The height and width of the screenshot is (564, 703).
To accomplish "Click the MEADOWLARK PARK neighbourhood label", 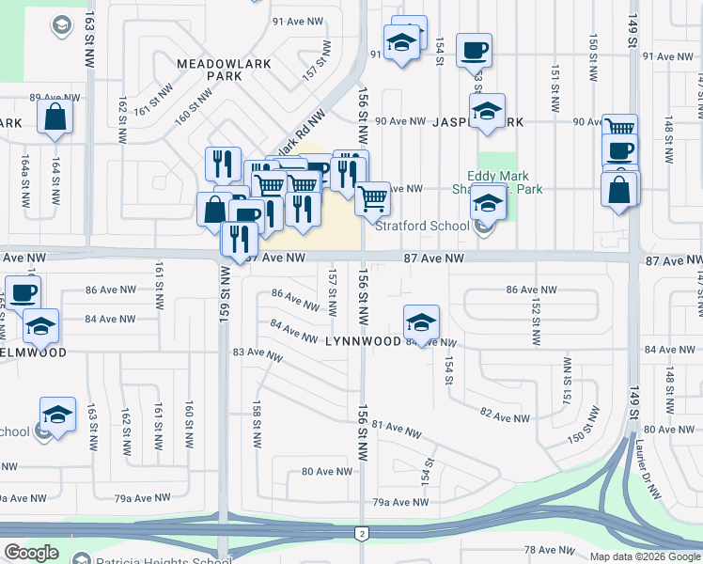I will pos(225,70).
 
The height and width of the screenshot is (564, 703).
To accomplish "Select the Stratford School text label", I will pos(422,226).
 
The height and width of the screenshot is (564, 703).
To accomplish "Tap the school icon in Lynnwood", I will pos(422,323).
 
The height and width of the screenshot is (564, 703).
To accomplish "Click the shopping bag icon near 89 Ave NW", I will pos(55,117).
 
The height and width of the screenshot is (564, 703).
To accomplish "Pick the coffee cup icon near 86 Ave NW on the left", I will pos(23,291).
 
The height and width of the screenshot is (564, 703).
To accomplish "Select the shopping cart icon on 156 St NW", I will pos(373,197).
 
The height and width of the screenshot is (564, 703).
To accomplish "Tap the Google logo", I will pos(31,553).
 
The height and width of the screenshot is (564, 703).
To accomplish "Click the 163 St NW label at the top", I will pos(89,38).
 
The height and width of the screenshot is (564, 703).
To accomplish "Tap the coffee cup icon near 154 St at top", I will pos(474,49).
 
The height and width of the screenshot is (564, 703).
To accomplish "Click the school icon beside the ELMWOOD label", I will pos(41,326).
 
